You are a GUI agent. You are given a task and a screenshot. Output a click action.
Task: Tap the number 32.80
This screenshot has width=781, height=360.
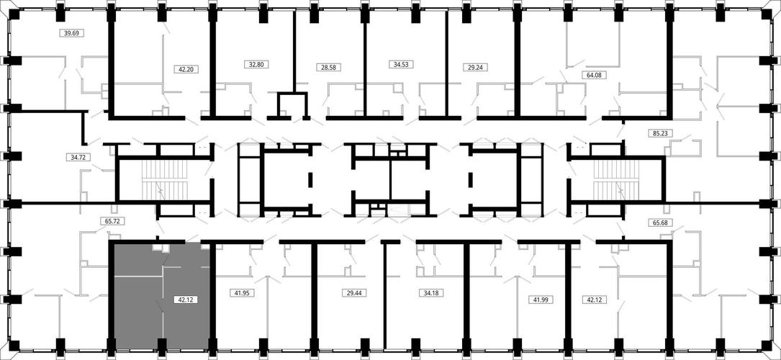coord(253,64)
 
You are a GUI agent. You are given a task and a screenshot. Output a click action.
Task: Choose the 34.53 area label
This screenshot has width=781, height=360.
coord(401,64)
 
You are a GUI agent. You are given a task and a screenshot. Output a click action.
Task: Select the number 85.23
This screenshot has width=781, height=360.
coord(660,133)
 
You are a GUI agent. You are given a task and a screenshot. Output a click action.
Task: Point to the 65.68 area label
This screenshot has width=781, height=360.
coord(661,222)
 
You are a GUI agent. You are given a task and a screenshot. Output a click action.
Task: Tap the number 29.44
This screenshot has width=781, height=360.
coord(353,293)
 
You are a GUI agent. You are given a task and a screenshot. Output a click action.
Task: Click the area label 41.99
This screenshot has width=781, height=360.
coord(541,300)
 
